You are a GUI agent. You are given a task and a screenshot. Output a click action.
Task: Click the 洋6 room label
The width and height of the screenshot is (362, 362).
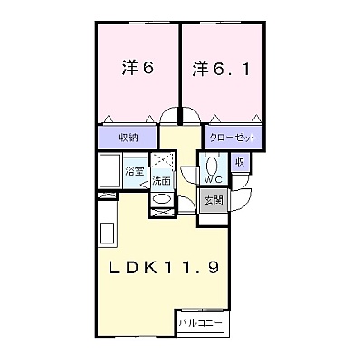click(x=138, y=68)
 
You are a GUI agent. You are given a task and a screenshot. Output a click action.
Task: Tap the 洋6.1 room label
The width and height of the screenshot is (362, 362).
click(x=221, y=69)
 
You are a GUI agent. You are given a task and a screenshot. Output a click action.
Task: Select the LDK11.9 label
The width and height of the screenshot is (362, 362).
click(x=164, y=267)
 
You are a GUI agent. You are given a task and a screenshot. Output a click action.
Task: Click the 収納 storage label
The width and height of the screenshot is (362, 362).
click(x=128, y=138)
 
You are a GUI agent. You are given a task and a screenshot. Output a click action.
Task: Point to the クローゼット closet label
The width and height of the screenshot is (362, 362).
click(x=233, y=138)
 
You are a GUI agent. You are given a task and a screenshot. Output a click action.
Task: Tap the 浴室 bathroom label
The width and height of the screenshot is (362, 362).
click(x=134, y=172)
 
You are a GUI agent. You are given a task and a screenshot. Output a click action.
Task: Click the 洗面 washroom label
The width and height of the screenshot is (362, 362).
click(x=161, y=181)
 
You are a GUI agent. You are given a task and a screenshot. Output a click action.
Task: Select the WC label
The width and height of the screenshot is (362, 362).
click(x=214, y=180)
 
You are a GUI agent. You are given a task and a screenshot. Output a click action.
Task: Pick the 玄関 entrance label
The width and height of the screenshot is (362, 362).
click(x=214, y=200)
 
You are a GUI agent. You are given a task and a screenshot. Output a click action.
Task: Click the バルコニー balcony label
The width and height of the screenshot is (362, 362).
click(x=200, y=323)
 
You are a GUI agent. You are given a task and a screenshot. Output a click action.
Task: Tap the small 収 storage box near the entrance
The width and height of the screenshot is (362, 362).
click(x=240, y=162)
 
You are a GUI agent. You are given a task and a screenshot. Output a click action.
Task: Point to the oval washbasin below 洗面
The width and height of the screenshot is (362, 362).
click(x=162, y=199)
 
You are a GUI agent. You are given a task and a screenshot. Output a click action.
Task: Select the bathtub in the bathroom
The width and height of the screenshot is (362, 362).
click(x=110, y=170)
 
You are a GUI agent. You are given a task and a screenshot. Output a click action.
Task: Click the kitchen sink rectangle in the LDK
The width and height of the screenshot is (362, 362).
click(x=107, y=233)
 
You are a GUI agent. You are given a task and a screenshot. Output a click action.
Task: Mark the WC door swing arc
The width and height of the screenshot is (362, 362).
click(x=186, y=178)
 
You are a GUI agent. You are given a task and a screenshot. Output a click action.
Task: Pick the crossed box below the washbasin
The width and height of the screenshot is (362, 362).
click(x=162, y=212)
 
